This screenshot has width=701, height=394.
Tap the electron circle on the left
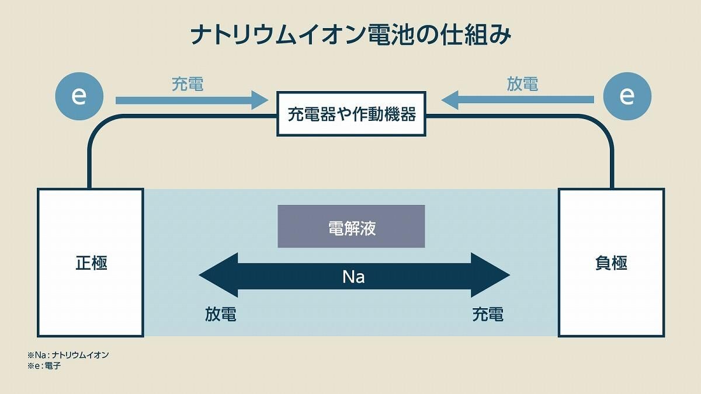click(79, 96)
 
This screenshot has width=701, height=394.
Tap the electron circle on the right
click(627, 96)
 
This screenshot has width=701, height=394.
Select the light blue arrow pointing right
click(192, 100)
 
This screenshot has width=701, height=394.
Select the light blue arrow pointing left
click(518, 100)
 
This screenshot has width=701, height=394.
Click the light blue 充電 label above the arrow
click(188, 84)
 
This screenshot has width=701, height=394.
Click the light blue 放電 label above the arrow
click(522, 84)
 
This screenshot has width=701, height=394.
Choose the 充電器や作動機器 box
click(351, 114)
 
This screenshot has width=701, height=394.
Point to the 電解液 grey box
click(351, 226)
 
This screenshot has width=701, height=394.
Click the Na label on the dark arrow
click(353, 277)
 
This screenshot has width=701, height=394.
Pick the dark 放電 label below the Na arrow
click(221, 314)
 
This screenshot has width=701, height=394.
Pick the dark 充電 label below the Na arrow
click(488, 314)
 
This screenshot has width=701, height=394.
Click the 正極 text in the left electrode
click(91, 263)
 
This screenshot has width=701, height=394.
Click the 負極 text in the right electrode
click(611, 263)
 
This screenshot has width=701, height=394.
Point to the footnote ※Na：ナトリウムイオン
click(68, 355)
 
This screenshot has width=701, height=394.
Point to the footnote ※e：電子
click(44, 365)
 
